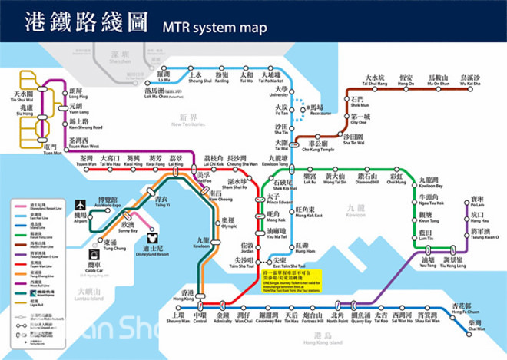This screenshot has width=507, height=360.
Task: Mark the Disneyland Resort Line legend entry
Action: click(x=37, y=206)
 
